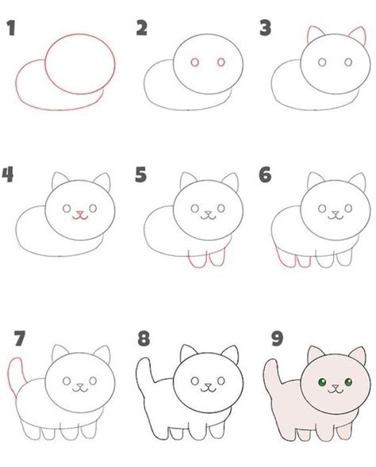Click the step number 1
[11, 29]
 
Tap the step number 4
[8, 174]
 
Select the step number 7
[20, 339]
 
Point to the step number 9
[277, 339]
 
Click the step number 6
[265, 174]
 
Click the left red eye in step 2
[195, 63]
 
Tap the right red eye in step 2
[221, 63]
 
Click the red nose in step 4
[79, 212]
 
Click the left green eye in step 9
[322, 382]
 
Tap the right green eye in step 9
[348, 382]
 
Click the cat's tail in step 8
[144, 373]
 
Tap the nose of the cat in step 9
[336, 387]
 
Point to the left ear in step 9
[315, 353]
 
